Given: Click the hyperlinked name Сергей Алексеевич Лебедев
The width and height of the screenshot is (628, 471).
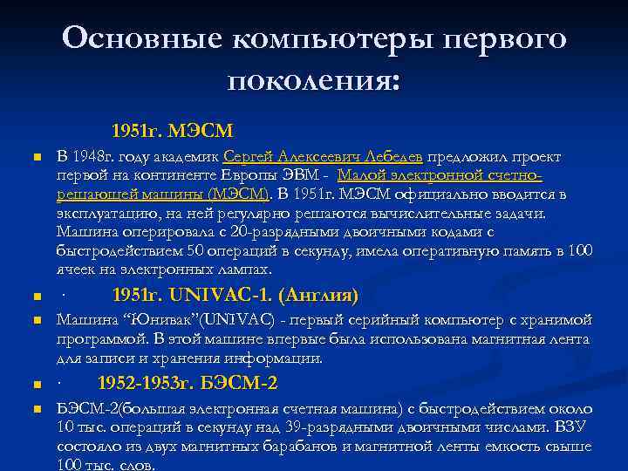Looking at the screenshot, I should coord(323,157).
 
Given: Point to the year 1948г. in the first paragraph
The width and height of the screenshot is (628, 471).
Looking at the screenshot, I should coord(93,157).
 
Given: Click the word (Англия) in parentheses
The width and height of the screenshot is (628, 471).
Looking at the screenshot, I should coord(320,294).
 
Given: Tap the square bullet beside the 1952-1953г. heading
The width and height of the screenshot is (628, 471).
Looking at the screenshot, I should coord(36,384).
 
